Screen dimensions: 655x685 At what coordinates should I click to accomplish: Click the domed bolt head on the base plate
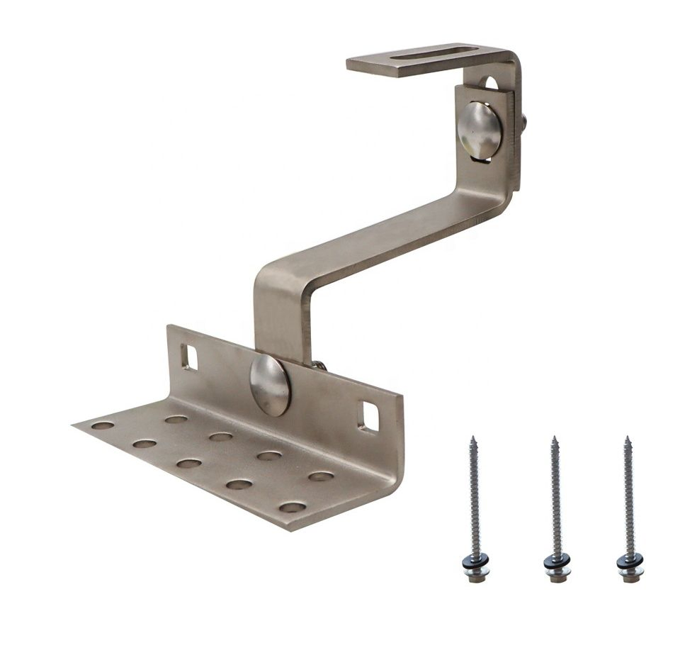[270, 385]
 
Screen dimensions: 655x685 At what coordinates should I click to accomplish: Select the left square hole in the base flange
[189, 356]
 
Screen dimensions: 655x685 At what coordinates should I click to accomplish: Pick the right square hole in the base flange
[369, 415]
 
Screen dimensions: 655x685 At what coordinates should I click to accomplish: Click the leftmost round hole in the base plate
[103, 425]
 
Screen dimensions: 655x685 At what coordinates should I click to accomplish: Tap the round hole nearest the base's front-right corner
[292, 507]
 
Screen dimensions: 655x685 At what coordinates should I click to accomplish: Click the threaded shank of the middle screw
[555, 496]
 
